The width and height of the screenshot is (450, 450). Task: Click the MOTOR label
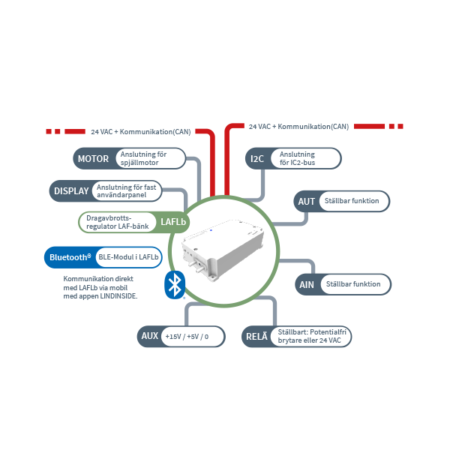[93, 158]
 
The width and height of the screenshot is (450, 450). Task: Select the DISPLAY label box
[71, 190]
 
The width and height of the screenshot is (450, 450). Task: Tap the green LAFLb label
[172, 222]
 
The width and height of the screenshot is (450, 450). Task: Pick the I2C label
[256, 158]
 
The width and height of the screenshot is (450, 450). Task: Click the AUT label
[306, 202]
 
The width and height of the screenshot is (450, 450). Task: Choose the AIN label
[306, 284]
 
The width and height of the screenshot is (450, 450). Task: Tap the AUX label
[149, 336]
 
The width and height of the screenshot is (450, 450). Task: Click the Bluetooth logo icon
[175, 284]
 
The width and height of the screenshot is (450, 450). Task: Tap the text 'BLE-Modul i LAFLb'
[128, 258]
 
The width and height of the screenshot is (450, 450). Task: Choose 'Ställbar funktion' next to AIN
[352, 284]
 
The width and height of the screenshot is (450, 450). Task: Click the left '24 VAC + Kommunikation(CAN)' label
[141, 131]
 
